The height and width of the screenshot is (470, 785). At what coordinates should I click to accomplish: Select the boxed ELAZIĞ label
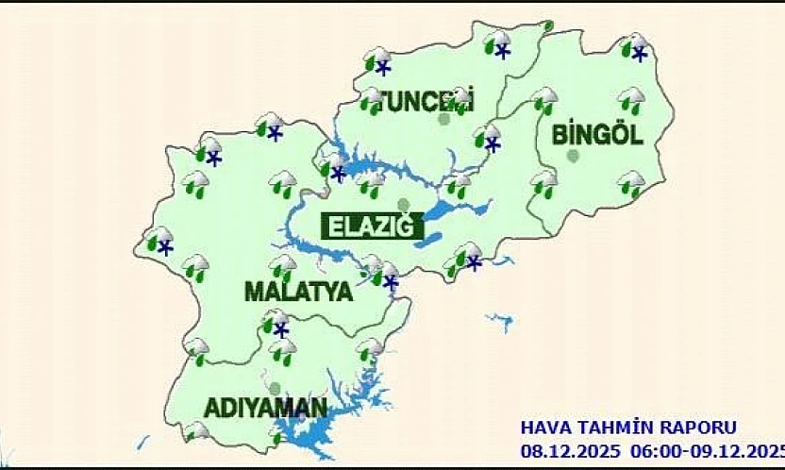[371, 227]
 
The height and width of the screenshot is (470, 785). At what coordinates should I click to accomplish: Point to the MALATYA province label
[298, 292]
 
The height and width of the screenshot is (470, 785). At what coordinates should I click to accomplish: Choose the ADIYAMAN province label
[267, 409]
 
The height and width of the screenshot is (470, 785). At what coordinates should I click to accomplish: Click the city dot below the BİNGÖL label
[573, 156]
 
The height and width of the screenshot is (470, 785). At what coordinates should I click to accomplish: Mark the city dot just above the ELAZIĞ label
[404, 205]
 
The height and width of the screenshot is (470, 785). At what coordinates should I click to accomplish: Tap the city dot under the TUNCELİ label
[443, 119]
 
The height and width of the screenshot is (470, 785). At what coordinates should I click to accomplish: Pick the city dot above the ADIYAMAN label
[274, 387]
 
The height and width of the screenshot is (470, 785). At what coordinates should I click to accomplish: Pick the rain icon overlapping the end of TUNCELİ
[460, 98]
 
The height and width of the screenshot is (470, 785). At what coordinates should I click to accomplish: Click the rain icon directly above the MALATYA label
[281, 267]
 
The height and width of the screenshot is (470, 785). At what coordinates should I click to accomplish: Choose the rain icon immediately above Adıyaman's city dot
[281, 352]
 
